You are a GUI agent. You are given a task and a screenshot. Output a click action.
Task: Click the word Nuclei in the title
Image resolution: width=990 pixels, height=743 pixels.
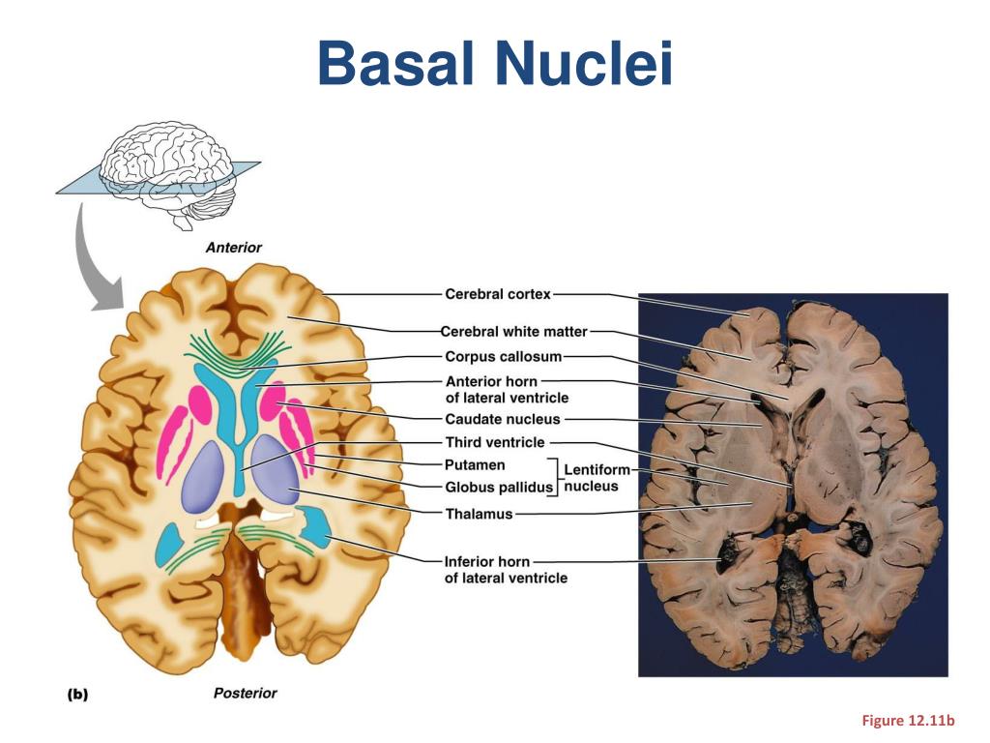coord(584,63)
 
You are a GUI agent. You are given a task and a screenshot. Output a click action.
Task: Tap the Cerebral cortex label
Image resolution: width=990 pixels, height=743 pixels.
coord(498,294)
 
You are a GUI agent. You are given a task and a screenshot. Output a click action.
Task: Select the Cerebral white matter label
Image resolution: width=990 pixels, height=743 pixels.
coord(514,331)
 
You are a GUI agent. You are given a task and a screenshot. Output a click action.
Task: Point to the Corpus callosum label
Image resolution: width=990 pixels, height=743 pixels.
coord(503,356)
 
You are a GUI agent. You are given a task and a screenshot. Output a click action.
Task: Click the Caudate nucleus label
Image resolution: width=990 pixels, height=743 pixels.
coord(503,419)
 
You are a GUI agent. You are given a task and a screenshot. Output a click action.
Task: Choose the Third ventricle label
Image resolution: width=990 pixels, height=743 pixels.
coord(495,442)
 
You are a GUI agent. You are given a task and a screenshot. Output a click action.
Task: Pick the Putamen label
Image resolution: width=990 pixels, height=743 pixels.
coord(475,465)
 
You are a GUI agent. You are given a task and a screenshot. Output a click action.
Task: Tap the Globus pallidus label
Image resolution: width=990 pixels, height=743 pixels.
coord(499,488)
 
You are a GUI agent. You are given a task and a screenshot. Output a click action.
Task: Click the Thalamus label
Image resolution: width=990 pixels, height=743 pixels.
coord(479,514)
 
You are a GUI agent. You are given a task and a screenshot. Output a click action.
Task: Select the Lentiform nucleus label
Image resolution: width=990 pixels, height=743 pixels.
coord(596,478)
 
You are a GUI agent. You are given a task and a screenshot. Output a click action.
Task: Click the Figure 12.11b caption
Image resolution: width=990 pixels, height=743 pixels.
coord(908,720)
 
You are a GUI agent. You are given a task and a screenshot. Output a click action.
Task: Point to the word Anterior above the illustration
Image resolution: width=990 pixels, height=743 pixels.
coord(234,248)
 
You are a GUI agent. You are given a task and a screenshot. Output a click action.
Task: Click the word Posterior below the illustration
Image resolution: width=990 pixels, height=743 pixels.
coord(245,693)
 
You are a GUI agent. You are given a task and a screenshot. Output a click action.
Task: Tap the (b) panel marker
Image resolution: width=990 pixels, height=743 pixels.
coord(77,695)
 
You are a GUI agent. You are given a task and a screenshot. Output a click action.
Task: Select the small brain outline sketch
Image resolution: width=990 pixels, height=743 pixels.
coord(168,175)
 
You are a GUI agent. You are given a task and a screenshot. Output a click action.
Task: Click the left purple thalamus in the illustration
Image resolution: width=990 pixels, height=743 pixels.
coord(203,476)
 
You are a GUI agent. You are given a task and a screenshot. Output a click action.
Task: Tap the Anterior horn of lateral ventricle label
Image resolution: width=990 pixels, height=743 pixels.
coord(507,389)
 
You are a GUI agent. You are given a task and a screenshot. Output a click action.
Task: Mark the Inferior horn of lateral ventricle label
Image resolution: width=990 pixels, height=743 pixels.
coord(506,569)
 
